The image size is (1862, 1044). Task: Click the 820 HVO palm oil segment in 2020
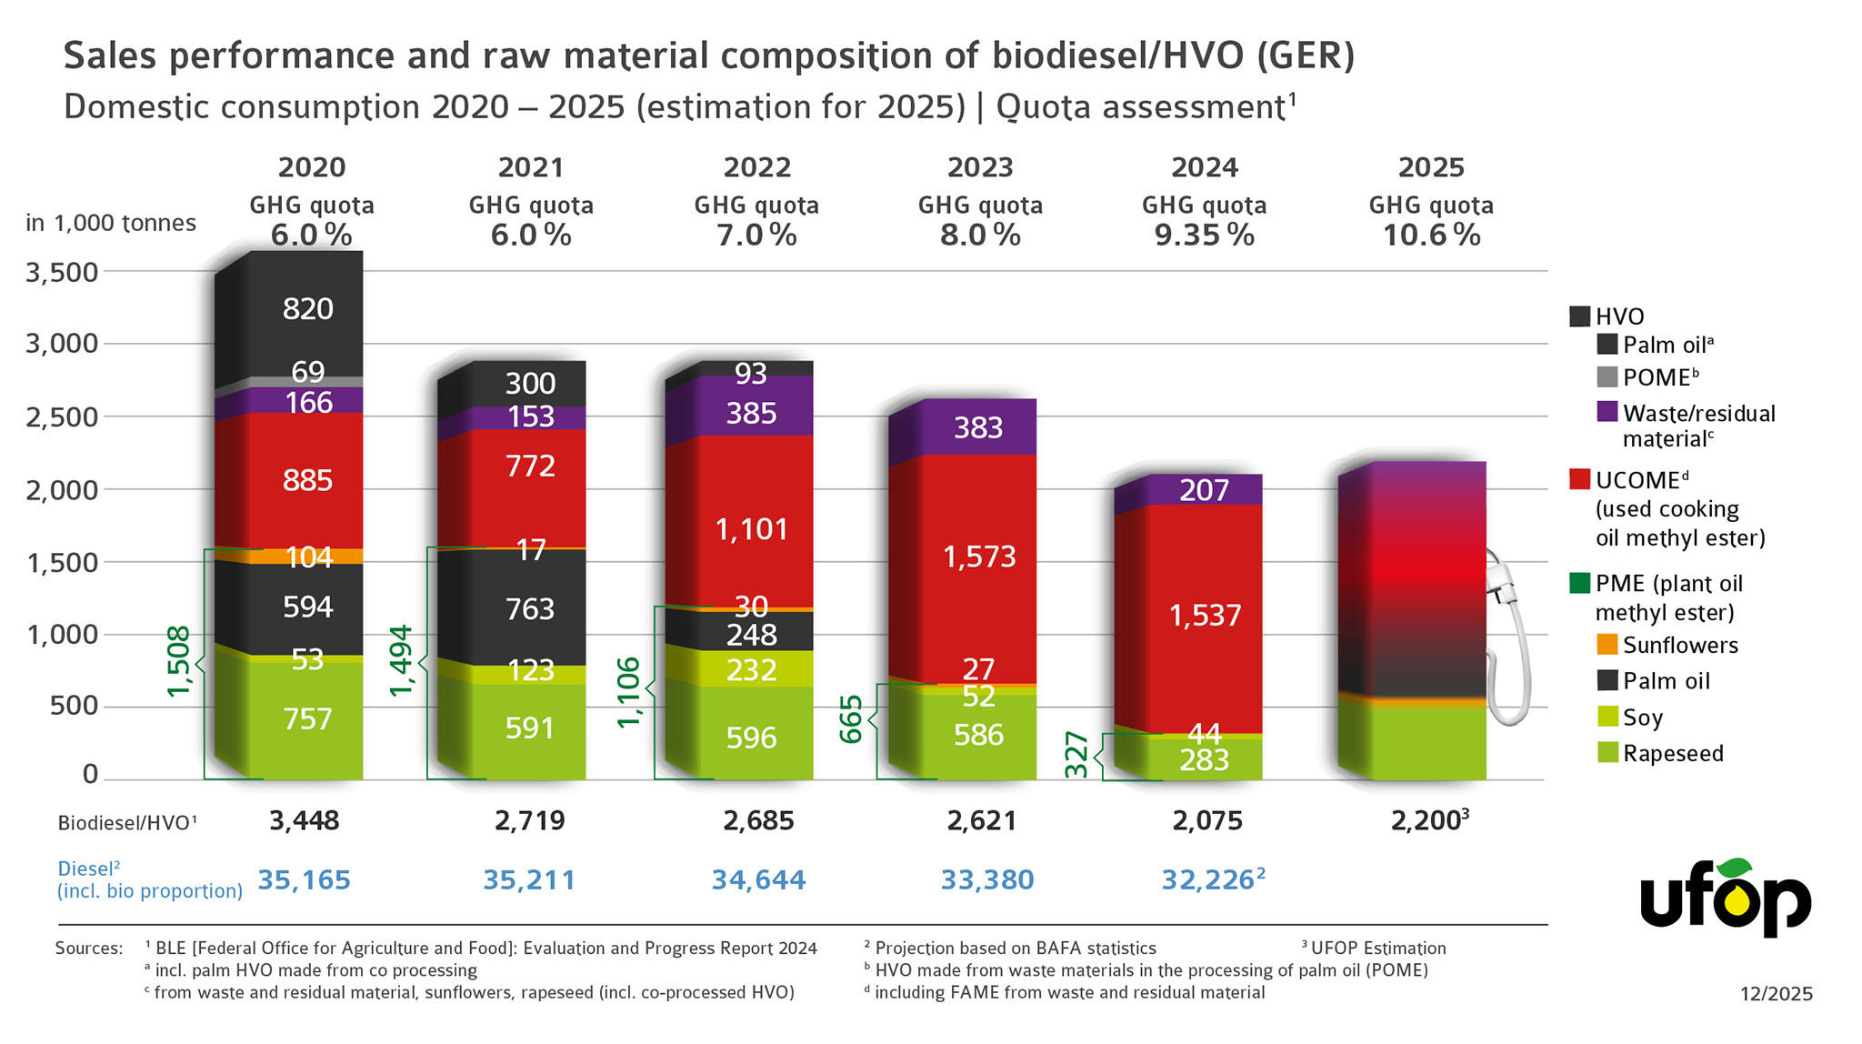coord(307,309)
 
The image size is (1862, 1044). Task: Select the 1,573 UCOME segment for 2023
coord(979,557)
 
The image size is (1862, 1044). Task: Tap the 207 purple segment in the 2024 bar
coord(1204,491)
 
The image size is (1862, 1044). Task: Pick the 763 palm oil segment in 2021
coord(529,608)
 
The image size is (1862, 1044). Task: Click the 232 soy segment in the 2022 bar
coord(751,670)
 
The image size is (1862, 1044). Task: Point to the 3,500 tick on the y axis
coord(62,272)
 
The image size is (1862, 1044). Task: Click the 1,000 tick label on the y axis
coord(62,635)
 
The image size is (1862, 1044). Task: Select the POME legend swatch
coord(1607,376)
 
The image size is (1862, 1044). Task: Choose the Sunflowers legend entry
coord(1679,645)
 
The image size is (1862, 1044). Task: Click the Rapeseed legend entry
coord(1672,754)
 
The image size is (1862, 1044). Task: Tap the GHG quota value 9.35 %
coord(1204,236)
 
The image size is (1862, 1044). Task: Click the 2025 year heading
coord(1431,167)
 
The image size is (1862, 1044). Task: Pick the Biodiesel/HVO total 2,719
coord(529,821)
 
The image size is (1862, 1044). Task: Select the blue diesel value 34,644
coord(758,880)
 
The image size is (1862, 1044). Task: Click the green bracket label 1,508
coord(179,661)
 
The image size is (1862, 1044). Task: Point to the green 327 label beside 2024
coord(1076,754)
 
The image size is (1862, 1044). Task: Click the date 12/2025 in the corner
coord(1776,994)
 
